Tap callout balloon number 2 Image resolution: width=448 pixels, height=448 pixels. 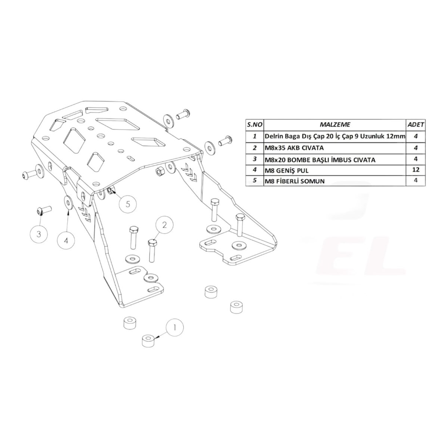point(165,225)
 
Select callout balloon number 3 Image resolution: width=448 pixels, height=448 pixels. point(39,234)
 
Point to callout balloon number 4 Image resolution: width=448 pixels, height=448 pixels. point(66,240)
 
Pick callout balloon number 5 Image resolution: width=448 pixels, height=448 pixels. point(128,204)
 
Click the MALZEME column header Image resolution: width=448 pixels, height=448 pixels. point(335,125)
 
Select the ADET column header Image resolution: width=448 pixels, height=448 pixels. point(416,125)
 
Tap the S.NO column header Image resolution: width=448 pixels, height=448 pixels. point(255,125)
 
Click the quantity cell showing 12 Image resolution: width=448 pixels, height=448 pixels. point(416,169)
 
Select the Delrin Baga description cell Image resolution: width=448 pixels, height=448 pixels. point(335,137)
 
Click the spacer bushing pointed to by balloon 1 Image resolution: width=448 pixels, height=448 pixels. point(149,341)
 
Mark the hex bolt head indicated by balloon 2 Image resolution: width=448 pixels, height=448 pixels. point(152,243)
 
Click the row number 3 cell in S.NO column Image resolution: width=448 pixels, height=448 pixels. point(255,159)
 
